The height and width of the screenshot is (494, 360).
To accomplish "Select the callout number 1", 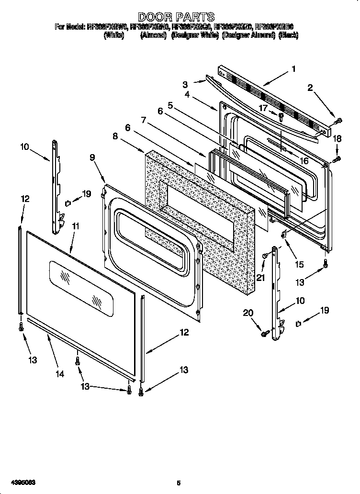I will click(293, 69).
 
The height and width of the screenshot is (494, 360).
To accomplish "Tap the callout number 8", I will click(115, 136).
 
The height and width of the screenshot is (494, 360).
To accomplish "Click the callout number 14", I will click(59, 374).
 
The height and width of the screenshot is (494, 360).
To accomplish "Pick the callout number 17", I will click(263, 108).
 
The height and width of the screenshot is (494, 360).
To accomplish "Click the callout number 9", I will click(92, 157).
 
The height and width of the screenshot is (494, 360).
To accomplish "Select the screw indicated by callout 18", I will click(337, 157).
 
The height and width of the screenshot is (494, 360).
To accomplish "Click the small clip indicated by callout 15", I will click(283, 234).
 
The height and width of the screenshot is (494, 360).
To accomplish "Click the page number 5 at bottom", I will click(178, 483).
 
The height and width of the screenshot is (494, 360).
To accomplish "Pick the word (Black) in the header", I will click(288, 35).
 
